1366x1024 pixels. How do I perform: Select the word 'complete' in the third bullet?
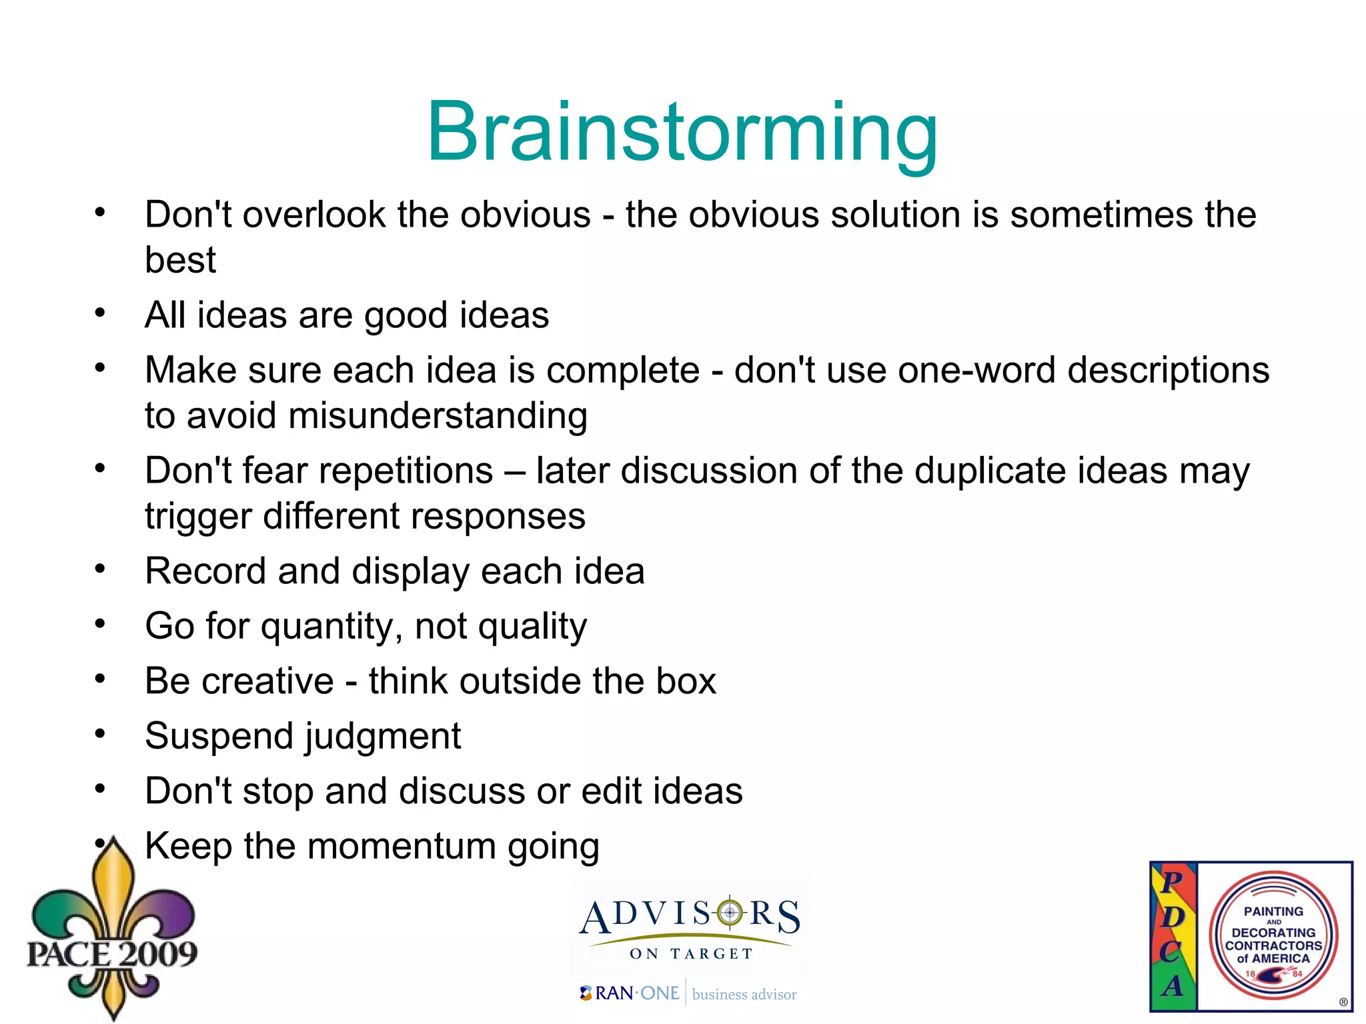point(623,371)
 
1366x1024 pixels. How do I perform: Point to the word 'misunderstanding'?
point(438,416)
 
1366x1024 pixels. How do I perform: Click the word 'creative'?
point(267,681)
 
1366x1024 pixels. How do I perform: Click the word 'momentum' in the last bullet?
point(402,846)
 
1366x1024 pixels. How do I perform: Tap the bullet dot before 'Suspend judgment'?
point(100,734)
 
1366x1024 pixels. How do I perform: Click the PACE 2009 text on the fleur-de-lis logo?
point(111,954)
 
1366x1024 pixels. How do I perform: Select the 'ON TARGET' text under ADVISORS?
point(691,954)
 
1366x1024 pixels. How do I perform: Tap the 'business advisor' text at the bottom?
point(744,995)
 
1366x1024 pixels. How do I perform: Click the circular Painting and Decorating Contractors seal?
point(1273,936)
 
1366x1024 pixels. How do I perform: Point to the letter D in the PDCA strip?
point(1172,918)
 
